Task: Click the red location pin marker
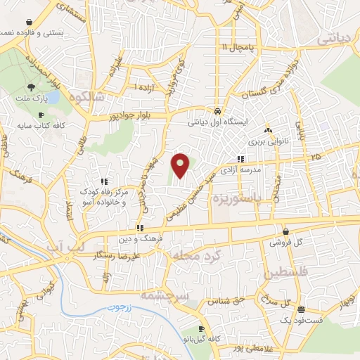point(181,165)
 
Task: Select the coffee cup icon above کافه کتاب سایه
point(41,114)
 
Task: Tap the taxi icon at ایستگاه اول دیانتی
point(218,111)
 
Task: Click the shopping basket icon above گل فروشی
point(285,231)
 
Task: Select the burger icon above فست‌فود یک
point(301,309)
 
